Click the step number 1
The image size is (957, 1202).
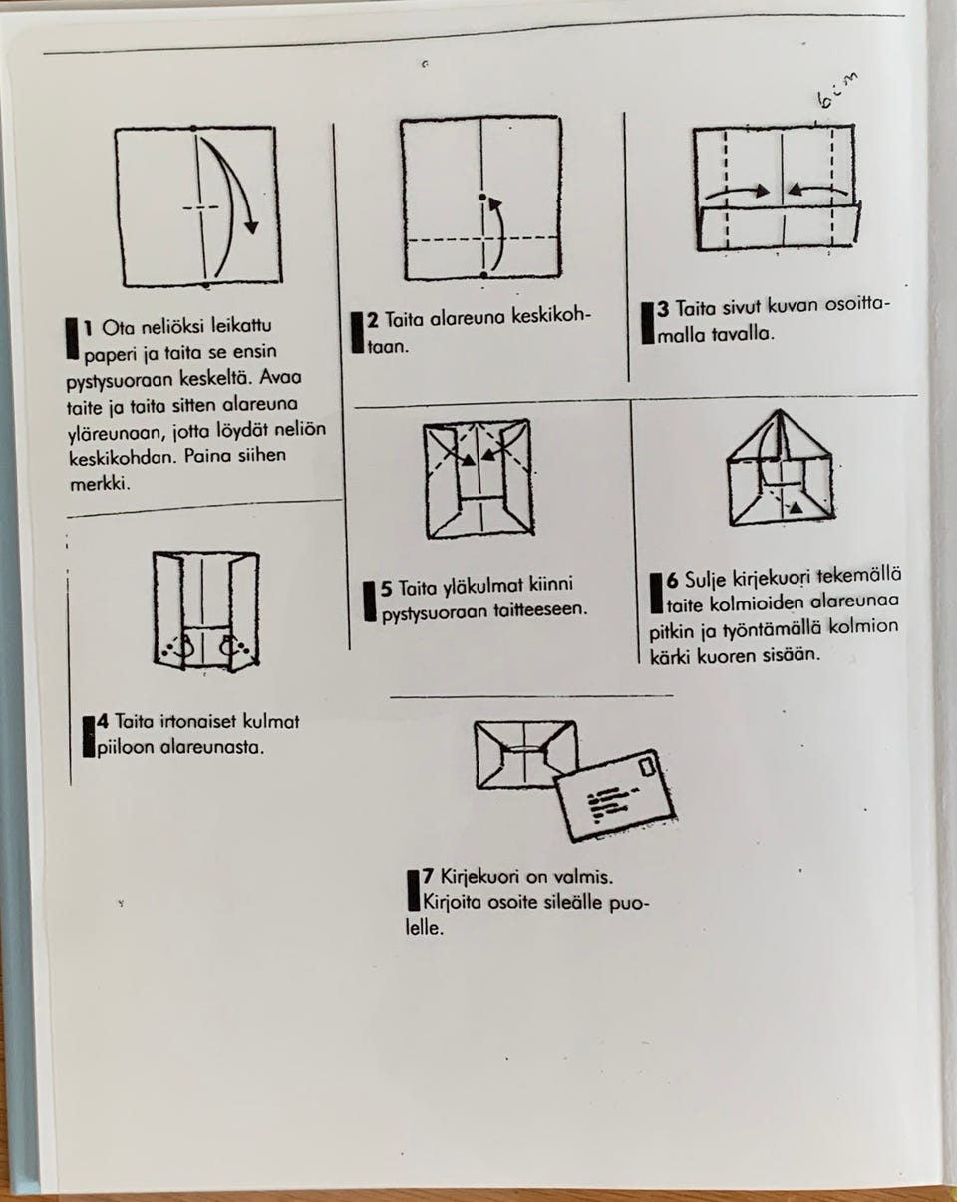click(87, 328)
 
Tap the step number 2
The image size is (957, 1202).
click(373, 320)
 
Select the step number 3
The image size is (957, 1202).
click(663, 309)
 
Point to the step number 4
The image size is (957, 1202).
click(102, 721)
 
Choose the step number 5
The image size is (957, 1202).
click(387, 589)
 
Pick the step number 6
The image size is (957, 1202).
click(672, 581)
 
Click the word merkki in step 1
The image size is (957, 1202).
click(100, 483)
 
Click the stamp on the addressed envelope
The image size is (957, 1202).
click(647, 766)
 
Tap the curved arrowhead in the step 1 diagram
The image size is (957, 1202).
click(252, 227)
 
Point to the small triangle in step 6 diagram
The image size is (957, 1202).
click(797, 507)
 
